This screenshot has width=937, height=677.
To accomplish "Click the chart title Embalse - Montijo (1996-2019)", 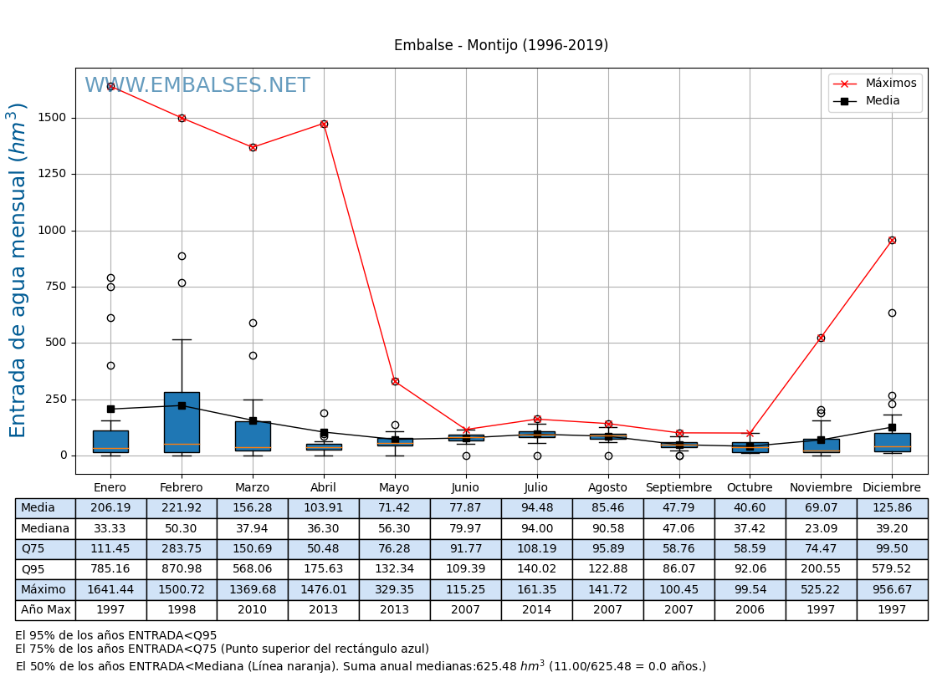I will (x=501, y=46).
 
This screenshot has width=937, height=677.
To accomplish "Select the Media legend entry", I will (x=883, y=101).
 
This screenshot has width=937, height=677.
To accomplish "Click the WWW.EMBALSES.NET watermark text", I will (x=197, y=86).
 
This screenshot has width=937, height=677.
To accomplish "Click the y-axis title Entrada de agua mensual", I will (x=18, y=270).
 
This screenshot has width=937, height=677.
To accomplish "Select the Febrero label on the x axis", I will (x=182, y=487).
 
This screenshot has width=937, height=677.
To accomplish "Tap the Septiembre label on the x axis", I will (x=678, y=487).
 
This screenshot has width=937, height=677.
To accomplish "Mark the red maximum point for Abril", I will (x=324, y=124).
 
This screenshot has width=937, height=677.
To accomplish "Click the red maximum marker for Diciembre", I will (x=892, y=240).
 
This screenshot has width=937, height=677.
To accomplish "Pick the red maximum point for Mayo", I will (x=395, y=381).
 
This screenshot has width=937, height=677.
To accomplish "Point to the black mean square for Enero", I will (x=110, y=409).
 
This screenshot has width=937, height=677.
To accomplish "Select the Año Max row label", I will (x=46, y=610).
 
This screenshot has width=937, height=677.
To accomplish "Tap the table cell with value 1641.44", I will (x=110, y=589).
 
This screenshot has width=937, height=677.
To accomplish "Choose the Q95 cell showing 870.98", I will (x=182, y=569).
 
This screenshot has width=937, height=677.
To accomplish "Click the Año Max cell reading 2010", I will (x=253, y=610).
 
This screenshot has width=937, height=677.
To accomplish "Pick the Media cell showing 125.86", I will (x=892, y=508).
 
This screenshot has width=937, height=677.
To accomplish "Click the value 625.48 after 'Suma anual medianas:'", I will (x=499, y=666).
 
